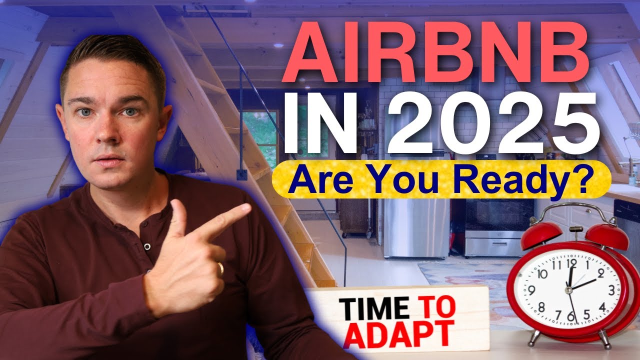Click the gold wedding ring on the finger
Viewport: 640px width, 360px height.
pyautogui.click(x=220, y=268)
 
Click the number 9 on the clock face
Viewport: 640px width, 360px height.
pyautogui.click(x=531, y=289)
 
